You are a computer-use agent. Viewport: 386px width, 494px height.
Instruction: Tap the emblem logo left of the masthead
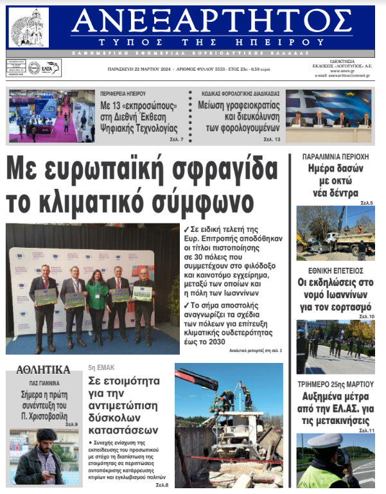tap(28, 28)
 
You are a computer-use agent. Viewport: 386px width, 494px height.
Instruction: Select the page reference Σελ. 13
tap(272, 139)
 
